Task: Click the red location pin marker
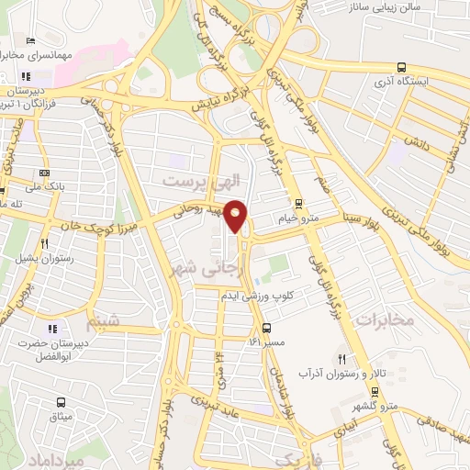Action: (236, 216)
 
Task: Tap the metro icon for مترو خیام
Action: (297, 204)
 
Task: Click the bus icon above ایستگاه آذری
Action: (401, 66)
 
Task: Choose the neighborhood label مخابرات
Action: (384, 319)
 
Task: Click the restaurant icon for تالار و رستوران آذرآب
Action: (342, 358)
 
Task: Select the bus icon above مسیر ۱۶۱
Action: (266, 328)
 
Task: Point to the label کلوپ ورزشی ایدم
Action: (256, 296)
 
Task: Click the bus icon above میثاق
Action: (61, 402)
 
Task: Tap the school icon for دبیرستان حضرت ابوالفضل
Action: (51, 328)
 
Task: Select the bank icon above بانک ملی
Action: (44, 173)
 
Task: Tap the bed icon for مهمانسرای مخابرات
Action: (30, 41)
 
